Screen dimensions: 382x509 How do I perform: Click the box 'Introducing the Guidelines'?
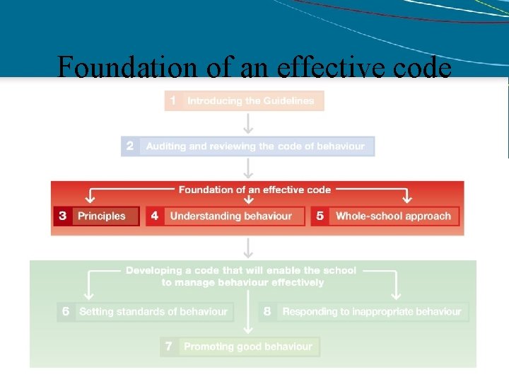coord(251,101)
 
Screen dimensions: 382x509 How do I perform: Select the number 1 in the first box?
coord(173,101)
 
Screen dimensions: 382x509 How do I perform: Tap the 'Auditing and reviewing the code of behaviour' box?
coord(255,146)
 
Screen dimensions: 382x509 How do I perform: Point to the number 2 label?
coord(129,146)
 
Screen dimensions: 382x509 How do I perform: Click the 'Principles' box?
coord(102,216)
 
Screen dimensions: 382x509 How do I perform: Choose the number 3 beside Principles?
coord(62,216)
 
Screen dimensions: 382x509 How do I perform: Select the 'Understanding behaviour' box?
coord(231,216)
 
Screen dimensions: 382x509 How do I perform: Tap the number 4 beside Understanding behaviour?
coord(155,216)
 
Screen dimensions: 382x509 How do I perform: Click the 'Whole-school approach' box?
coord(393,216)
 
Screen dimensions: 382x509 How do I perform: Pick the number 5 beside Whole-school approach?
coord(320,216)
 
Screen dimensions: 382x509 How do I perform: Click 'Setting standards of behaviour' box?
coord(153,311)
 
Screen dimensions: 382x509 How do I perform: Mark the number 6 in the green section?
coord(66,311)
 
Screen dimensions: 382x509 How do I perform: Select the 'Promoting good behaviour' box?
coord(247,347)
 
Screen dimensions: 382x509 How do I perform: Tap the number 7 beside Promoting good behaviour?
coord(168,347)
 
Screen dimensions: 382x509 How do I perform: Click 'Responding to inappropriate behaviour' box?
coord(371,311)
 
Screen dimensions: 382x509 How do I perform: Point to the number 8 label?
coord(267,311)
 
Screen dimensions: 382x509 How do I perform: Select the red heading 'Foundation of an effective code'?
coord(255,190)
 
